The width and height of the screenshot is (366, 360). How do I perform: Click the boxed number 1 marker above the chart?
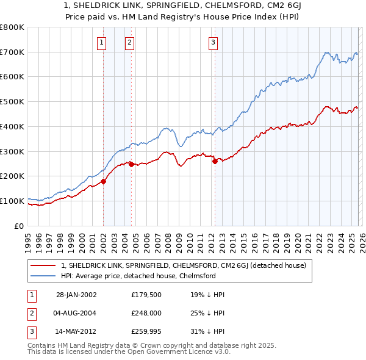point(101,42)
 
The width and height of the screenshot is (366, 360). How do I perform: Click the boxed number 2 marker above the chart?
point(130,42)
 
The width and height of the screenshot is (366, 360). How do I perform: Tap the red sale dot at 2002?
point(104,181)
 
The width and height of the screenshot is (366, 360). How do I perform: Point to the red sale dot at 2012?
point(215,161)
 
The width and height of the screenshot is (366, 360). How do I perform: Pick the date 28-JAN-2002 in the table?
point(76,295)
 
